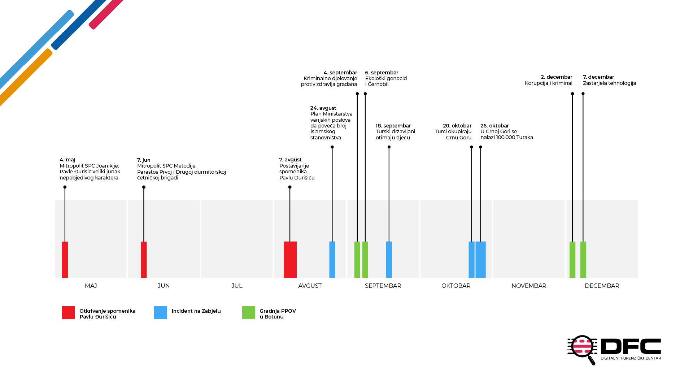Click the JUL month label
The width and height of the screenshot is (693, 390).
tap(237, 286)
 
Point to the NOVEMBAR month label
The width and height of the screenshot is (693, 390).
tap(529, 286)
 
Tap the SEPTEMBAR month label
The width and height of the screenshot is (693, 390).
tap(383, 286)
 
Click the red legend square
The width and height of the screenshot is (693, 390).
tap(69, 313)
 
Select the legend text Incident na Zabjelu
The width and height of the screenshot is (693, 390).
tap(196, 311)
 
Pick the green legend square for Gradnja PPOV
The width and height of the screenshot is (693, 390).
tap(249, 313)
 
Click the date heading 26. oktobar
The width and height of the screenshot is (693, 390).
tap(494, 126)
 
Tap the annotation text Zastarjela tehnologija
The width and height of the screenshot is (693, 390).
tap(610, 83)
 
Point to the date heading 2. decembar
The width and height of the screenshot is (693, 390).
tap(557, 77)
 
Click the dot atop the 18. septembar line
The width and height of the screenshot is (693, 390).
tap(389, 147)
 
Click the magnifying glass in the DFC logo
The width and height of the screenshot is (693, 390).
tap(582, 349)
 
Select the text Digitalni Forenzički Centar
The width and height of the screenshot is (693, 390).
tap(631, 358)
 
